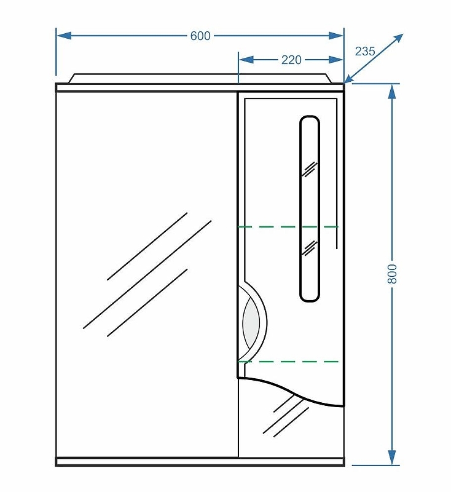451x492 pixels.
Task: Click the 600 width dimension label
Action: pyautogui.click(x=200, y=36)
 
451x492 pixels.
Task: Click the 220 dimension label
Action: pyautogui.click(x=291, y=60)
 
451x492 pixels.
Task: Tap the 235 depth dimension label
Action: pyautogui.click(x=365, y=51)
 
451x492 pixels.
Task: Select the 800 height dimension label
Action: pyautogui.click(x=393, y=274)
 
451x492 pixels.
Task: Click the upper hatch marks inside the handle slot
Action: pyautogui.click(x=309, y=169)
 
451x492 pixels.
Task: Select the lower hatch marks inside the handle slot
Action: pyautogui.click(x=309, y=247)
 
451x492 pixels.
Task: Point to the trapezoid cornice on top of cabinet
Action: pyautogui.click(x=200, y=78)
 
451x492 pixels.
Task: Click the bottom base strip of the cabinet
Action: pyautogui.click(x=200, y=461)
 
